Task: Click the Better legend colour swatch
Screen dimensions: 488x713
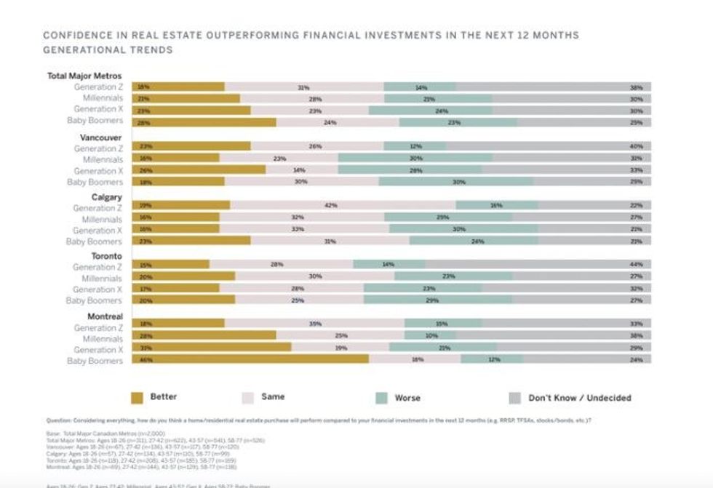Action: pyautogui.click(x=138, y=398)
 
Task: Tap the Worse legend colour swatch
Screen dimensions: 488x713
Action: pyautogui.click(x=381, y=398)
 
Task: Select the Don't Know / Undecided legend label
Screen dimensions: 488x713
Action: pyautogui.click(x=579, y=398)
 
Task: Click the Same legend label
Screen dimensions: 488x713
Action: pyautogui.click(x=273, y=397)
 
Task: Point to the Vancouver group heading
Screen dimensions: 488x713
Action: pyautogui.click(x=100, y=137)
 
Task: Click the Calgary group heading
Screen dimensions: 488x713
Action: pyautogui.click(x=106, y=197)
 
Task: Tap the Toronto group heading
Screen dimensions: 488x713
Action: pyautogui.click(x=106, y=257)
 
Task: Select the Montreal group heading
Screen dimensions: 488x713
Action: pyautogui.click(x=104, y=316)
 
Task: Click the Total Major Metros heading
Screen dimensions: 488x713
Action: pyautogui.click(x=84, y=76)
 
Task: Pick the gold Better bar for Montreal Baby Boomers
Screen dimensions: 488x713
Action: pyautogui.click(x=250, y=359)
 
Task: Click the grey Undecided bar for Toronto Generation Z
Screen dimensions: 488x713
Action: pyautogui.click(x=538, y=265)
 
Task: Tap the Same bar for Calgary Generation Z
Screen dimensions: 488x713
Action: pyautogui.click(x=342, y=206)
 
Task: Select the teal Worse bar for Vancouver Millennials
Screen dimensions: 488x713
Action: pyautogui.click(x=415, y=158)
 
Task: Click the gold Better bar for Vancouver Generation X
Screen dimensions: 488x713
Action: pyautogui.click(x=198, y=169)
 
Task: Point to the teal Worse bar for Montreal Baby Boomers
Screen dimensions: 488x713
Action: pyautogui.click(x=491, y=359)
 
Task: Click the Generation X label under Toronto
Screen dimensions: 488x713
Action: pyautogui.click(x=97, y=289)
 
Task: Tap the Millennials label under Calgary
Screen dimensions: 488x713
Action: pyautogui.click(x=102, y=219)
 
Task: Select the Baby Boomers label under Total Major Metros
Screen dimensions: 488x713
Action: pyautogui.click(x=95, y=121)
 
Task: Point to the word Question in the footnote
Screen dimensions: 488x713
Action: pyautogui.click(x=58, y=420)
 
